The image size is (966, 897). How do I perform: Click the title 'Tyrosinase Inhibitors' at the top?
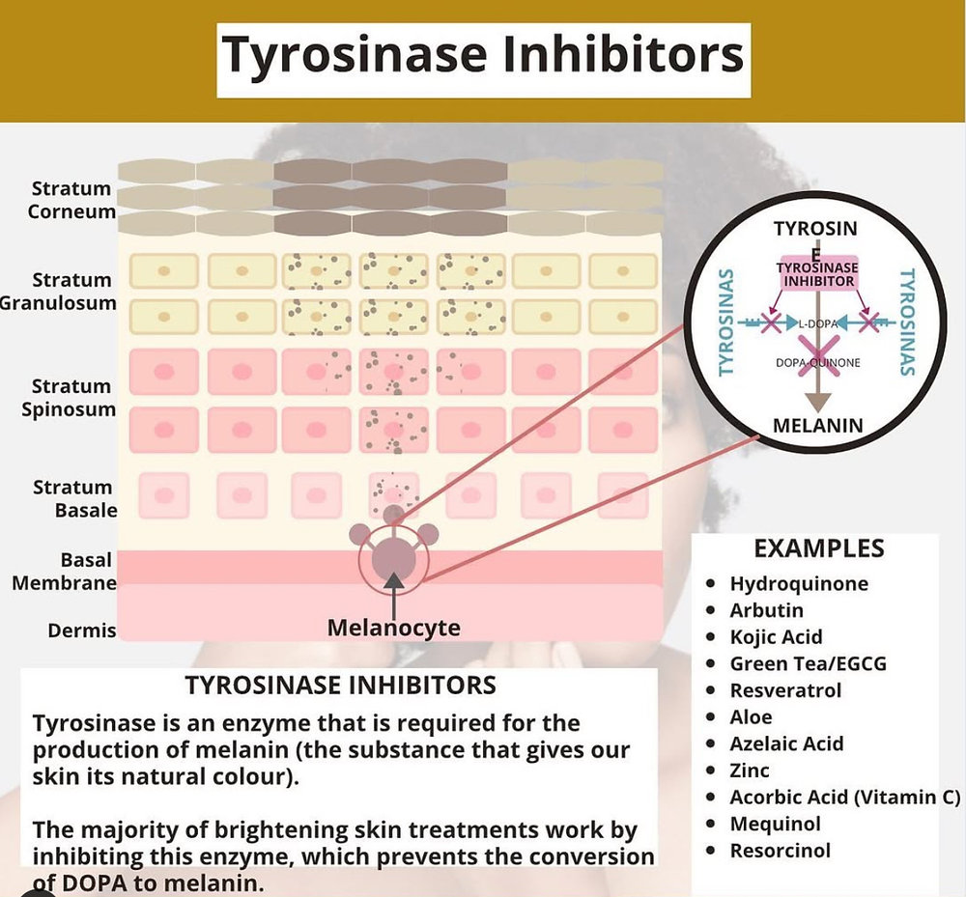click(x=483, y=55)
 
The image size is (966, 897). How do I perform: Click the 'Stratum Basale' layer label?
click(x=72, y=498)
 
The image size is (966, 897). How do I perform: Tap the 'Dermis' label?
click(x=82, y=631)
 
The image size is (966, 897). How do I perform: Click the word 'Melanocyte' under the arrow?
click(x=393, y=628)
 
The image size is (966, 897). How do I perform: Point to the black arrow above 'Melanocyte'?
click(x=393, y=592)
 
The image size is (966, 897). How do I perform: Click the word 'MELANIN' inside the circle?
click(x=818, y=425)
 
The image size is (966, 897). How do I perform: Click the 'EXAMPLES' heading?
click(x=818, y=549)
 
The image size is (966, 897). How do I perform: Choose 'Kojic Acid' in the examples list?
click(x=776, y=636)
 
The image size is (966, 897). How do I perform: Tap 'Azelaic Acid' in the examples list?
click(x=786, y=743)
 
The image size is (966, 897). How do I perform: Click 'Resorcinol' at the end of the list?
click(x=780, y=851)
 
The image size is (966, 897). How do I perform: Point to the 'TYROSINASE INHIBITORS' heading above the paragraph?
click(x=340, y=686)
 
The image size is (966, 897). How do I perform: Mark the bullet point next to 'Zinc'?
click(x=711, y=771)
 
